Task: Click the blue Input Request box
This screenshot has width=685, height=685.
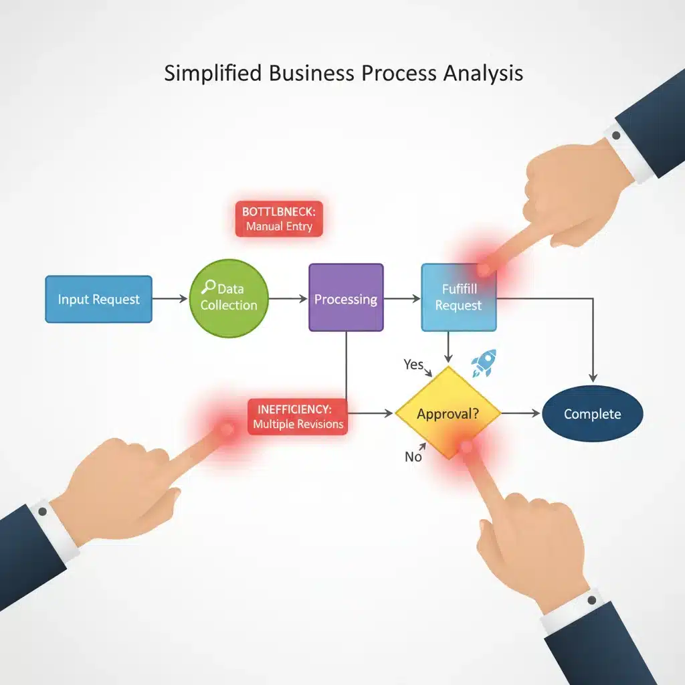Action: point(99,299)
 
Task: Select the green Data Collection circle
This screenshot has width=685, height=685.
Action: point(229,298)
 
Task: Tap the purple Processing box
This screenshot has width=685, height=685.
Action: point(346,298)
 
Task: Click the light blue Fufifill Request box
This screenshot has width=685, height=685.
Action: point(459,298)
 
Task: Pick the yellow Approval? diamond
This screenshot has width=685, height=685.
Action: point(448,413)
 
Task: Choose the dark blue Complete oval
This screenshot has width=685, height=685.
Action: point(593,413)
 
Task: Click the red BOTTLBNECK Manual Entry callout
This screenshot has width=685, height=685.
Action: point(279,219)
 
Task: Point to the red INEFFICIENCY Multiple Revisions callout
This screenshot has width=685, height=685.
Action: point(298,417)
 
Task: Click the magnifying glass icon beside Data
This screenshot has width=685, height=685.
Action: point(209,286)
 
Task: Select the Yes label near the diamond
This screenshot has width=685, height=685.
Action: point(413,365)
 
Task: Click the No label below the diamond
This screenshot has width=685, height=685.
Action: point(413,457)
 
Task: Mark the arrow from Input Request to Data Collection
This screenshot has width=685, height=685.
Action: point(170,299)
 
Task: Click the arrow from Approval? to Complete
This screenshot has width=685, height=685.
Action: point(521,413)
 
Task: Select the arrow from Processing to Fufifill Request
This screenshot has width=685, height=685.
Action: point(402,299)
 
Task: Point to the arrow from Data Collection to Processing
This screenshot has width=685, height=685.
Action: point(288,299)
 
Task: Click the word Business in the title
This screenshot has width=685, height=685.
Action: point(312,73)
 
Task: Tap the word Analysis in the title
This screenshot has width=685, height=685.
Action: point(483,74)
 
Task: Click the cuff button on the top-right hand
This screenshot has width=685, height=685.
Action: point(616,135)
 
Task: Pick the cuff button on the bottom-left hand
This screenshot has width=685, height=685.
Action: point(42,512)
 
